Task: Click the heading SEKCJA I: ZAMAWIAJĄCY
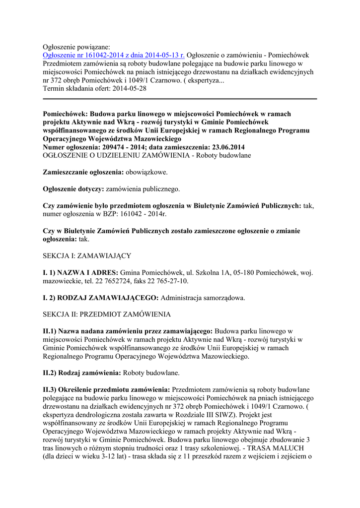point(87,255)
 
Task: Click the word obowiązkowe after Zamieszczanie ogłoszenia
point(146,172)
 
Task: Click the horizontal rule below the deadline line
point(180,99)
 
